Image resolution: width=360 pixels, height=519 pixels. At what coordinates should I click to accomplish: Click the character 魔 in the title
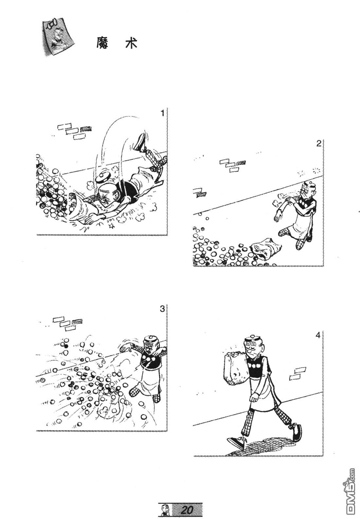coord(102,43)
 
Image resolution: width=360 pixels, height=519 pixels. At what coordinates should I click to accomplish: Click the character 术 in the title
coord(131,43)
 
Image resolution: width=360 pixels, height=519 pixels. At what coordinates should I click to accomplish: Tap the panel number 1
coord(163,113)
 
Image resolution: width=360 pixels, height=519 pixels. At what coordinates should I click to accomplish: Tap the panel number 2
coord(318,144)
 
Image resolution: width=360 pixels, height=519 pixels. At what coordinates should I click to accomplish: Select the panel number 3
coord(162,309)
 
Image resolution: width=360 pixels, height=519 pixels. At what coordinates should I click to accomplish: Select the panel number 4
coord(318,335)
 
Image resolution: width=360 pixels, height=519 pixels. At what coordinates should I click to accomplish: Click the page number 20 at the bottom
coord(188,508)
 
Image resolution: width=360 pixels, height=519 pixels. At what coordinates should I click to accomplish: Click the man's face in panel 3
coord(151,347)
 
